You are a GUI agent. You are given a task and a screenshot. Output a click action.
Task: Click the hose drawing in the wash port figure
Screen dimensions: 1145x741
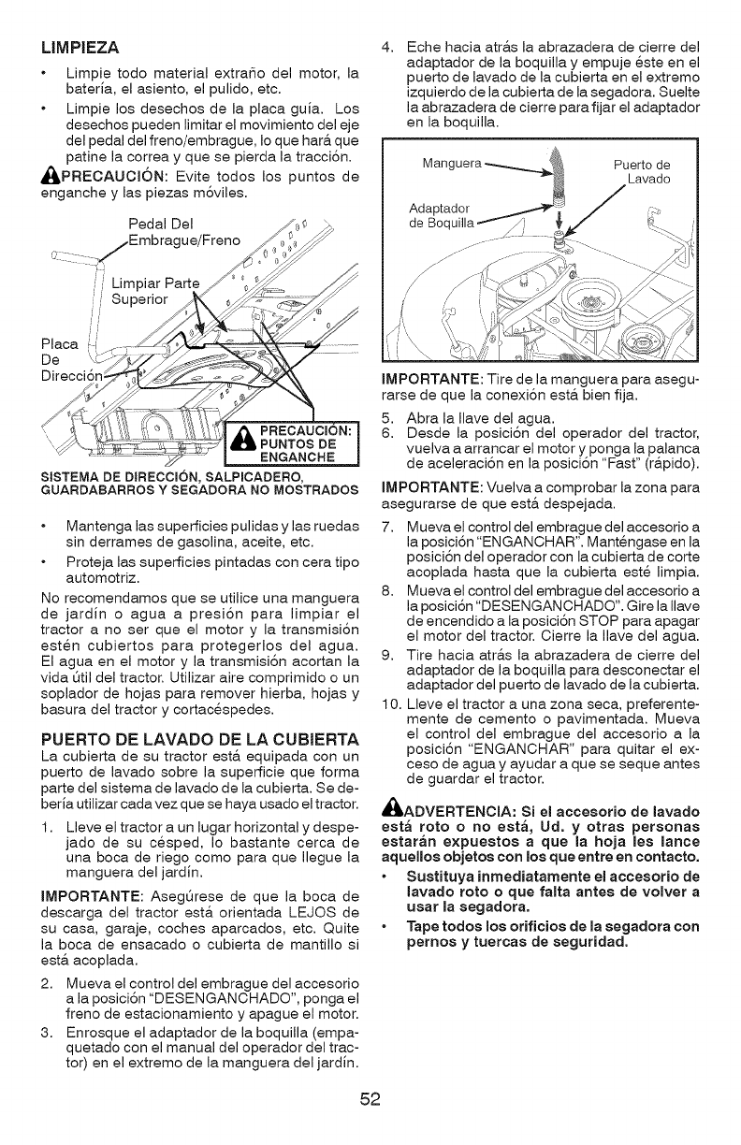pyautogui.click(x=555, y=178)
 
